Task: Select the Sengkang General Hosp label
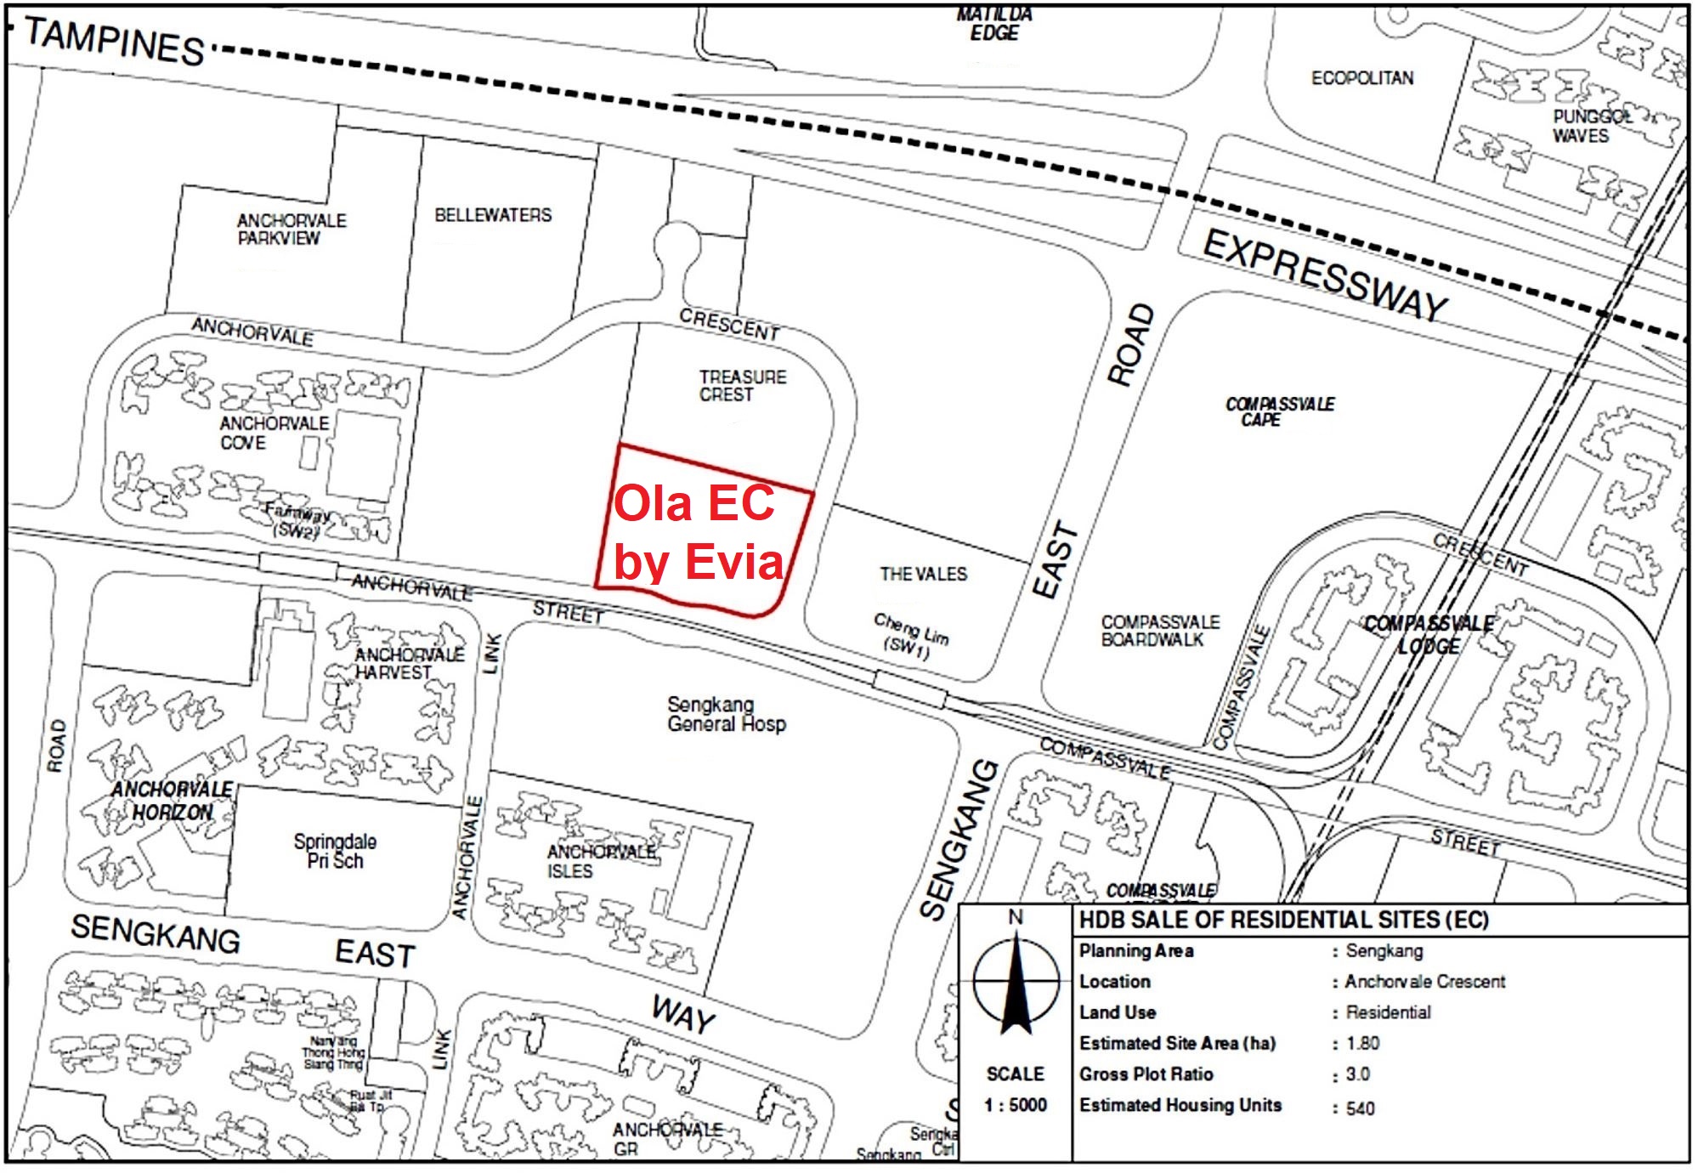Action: [x=726, y=714]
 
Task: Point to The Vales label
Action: [x=923, y=574]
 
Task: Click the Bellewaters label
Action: [x=493, y=215]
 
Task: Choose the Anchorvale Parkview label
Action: [x=291, y=229]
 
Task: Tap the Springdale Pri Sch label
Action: [x=335, y=851]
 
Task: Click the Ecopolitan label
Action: [x=1361, y=78]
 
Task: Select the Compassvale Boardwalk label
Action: [x=1159, y=631]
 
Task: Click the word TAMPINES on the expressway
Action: [x=114, y=41]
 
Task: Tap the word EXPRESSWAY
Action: [x=1326, y=275]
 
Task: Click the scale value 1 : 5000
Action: [x=1015, y=1104]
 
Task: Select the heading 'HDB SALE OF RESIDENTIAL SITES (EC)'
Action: [x=1283, y=920]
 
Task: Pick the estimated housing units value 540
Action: [x=1360, y=1108]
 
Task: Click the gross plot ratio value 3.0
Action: [x=1357, y=1074]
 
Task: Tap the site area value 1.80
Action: [x=1362, y=1043]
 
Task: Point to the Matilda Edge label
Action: [x=993, y=24]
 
